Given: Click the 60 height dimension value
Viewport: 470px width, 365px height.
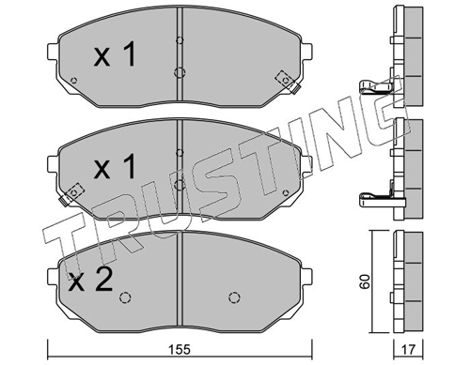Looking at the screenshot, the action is click(x=365, y=281).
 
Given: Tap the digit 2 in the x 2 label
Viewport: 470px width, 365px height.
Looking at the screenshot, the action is click(x=103, y=281).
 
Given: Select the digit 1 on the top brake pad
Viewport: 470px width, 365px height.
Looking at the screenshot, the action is click(x=129, y=53).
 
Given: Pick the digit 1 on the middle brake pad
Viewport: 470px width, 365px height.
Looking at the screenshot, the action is click(x=129, y=166).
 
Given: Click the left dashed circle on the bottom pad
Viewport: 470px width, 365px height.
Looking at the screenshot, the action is click(x=125, y=297).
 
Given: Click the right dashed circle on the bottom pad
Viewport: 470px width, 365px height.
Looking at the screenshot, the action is click(x=234, y=297).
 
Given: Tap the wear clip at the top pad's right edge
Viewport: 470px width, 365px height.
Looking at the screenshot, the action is click(x=288, y=82).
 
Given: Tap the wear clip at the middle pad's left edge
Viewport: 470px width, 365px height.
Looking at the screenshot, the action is click(x=71, y=194).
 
